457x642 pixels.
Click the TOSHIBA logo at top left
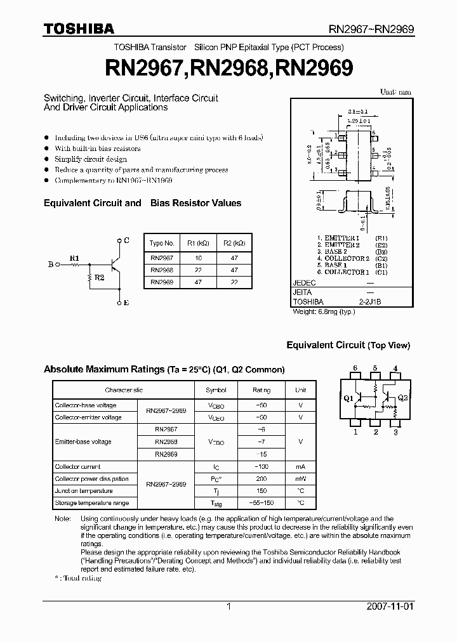tap(79, 29)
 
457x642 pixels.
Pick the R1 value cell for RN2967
tap(198, 258)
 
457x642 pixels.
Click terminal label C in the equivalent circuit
tap(127, 240)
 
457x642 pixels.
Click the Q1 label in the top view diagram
tap(348, 398)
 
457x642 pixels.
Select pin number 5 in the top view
tap(375, 369)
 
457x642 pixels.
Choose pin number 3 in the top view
tap(395, 432)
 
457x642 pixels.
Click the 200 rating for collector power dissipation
tap(261, 479)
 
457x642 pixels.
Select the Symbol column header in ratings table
tap(216, 390)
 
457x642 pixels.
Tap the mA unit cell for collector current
tap(300, 467)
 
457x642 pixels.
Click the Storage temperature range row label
tap(91, 503)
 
